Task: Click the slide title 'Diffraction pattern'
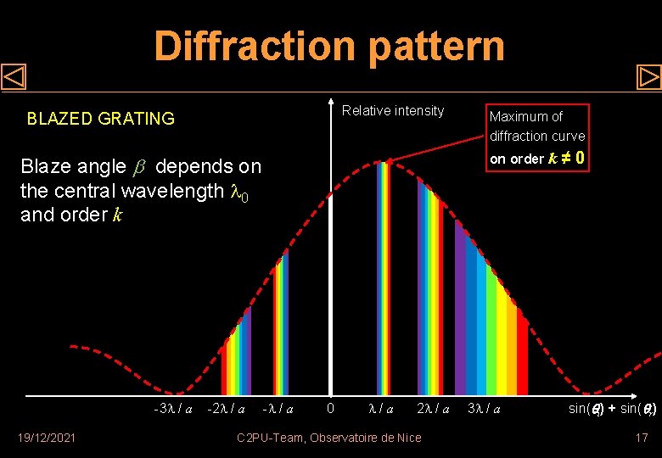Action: pyautogui.click(x=329, y=46)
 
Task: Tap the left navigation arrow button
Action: pyautogui.click(x=14, y=77)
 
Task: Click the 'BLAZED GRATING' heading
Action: pyautogui.click(x=101, y=119)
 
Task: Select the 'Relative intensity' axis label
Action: pyautogui.click(x=392, y=111)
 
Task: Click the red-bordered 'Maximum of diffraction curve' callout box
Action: pyautogui.click(x=536, y=136)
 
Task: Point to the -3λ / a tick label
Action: pyautogui.click(x=172, y=409)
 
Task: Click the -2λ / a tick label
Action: pyautogui.click(x=227, y=409)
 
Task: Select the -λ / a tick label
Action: pyautogui.click(x=278, y=409)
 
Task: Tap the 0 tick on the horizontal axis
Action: pyautogui.click(x=330, y=409)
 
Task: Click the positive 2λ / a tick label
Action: pyautogui.click(x=433, y=409)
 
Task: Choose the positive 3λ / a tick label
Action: pyautogui.click(x=484, y=409)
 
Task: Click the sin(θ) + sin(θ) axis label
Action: pyautogui.click(x=611, y=409)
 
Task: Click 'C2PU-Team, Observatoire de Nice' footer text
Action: pyautogui.click(x=328, y=438)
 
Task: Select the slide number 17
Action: pyautogui.click(x=641, y=438)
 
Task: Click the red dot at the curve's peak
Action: pyautogui.click(x=388, y=160)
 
